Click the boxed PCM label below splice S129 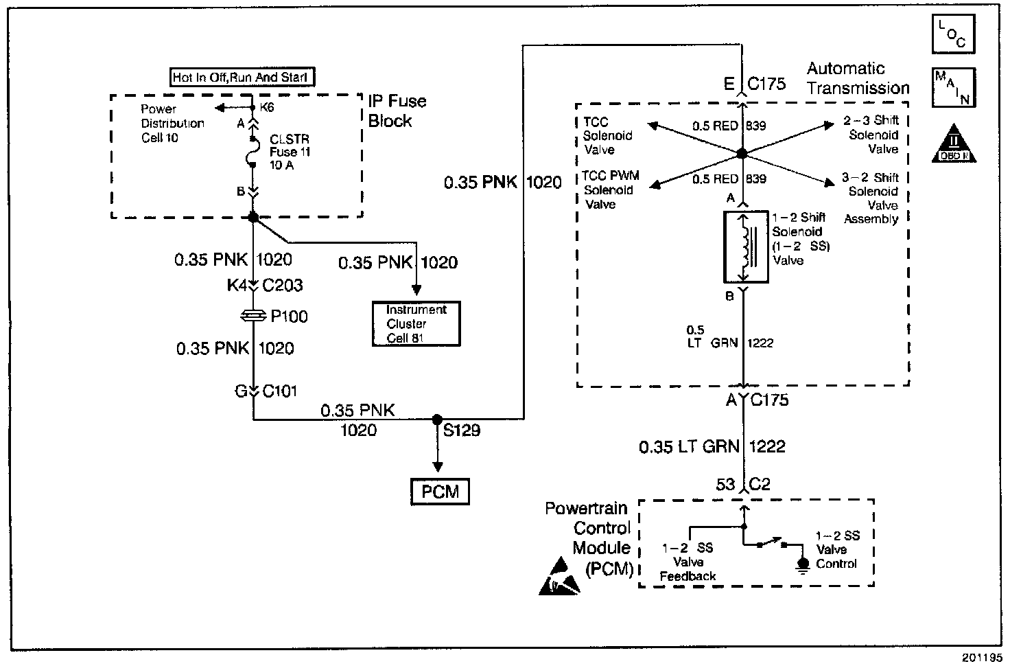click(x=440, y=492)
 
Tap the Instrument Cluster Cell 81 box click(x=416, y=324)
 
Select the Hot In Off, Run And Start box click(x=242, y=77)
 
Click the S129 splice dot click(x=437, y=420)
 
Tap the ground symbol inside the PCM click(x=802, y=565)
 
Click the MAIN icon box click(x=953, y=87)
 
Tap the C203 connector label click(x=283, y=285)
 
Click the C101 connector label click(x=280, y=391)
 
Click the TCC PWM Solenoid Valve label click(x=610, y=190)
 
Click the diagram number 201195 click(x=980, y=658)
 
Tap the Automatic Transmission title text click(x=857, y=78)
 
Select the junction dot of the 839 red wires click(x=741, y=154)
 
